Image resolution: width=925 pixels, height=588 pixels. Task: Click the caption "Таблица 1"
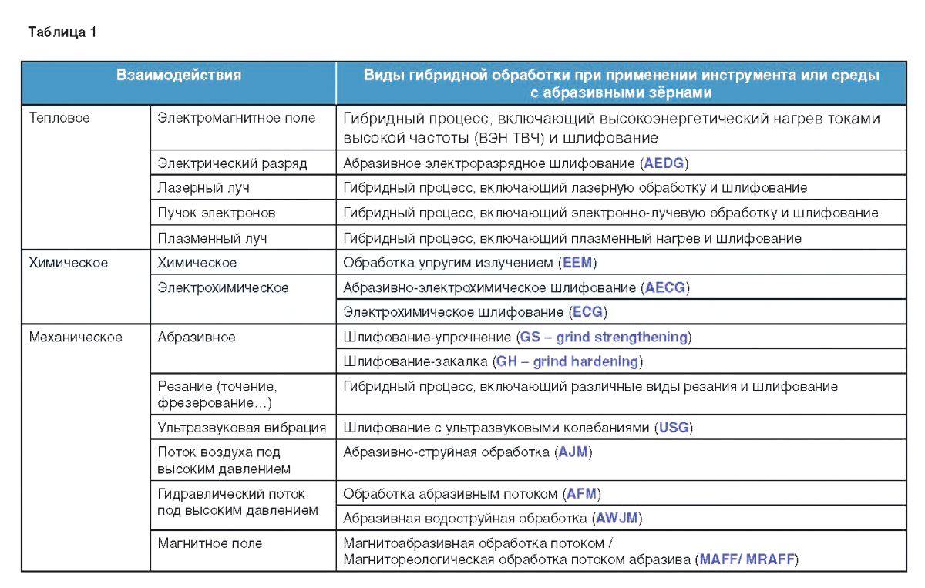[62, 32]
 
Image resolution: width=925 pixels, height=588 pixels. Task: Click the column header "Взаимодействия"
[179, 76]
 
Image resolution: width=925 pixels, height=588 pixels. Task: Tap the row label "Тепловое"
[59, 118]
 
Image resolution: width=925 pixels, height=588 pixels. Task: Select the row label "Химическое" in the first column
[69, 263]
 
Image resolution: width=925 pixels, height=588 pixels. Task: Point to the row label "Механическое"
[76, 337]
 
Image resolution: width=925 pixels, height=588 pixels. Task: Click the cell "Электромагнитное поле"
[237, 118]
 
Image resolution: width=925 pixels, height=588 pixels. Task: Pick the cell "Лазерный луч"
[203, 187]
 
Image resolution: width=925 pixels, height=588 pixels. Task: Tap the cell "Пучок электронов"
[217, 213]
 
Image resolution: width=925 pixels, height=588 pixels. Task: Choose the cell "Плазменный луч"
[213, 238]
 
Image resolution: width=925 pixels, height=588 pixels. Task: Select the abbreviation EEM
[578, 263]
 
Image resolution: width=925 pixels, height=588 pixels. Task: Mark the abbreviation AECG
[665, 287]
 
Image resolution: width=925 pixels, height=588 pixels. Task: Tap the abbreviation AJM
[573, 452]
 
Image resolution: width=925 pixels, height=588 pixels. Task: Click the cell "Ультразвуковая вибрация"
[242, 427]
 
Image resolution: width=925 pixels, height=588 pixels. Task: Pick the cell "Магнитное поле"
[210, 543]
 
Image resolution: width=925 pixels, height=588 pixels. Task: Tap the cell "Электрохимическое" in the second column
[224, 287]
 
